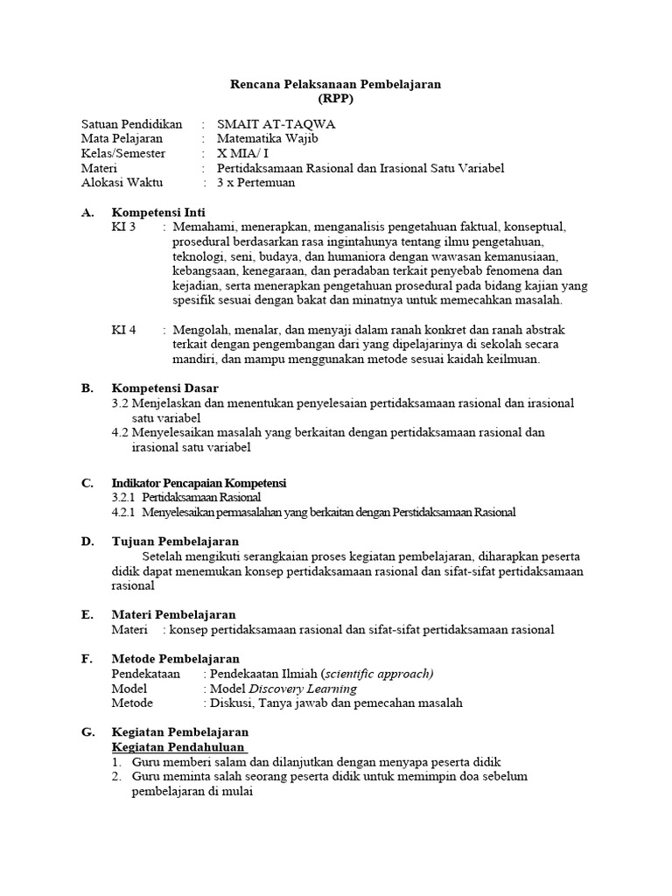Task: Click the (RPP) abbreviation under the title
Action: [336, 99]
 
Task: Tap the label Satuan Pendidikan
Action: [131, 124]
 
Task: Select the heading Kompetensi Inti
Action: [158, 212]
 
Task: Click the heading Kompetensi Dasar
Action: [165, 388]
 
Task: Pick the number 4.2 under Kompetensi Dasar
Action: [121, 432]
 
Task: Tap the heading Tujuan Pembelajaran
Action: [175, 542]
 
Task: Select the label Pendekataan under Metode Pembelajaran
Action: [146, 674]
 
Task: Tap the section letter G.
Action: [87, 731]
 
